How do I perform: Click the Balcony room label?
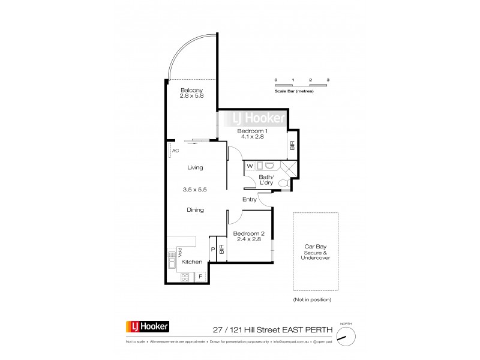(190, 91)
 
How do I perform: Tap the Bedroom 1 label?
(252, 131)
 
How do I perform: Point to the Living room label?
(194, 168)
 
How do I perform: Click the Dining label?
(194, 210)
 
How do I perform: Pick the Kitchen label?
(192, 262)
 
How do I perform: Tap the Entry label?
(250, 200)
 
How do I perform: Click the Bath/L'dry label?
(266, 179)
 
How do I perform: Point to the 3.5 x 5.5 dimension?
(194, 190)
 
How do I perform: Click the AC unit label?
(176, 151)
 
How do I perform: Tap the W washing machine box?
(250, 166)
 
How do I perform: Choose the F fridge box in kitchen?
(200, 277)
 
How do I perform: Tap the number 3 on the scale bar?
(328, 80)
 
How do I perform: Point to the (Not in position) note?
(312, 299)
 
